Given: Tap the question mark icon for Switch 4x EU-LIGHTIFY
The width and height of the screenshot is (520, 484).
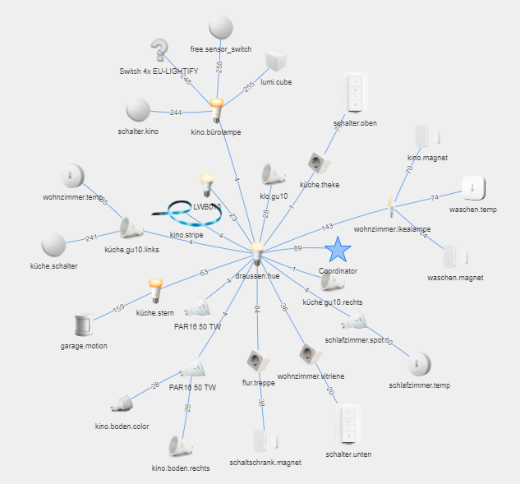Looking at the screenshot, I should click(159, 49).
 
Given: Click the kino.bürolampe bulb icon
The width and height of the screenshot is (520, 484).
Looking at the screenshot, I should click(216, 108).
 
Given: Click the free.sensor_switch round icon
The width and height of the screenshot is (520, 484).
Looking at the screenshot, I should click(220, 28).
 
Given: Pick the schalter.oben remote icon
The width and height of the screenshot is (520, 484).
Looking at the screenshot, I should click(355, 94).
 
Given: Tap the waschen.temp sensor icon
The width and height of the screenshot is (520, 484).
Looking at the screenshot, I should click(473, 188).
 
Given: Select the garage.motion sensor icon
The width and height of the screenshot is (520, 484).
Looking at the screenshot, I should click(83, 325).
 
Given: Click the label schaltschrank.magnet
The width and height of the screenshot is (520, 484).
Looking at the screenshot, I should click(265, 463).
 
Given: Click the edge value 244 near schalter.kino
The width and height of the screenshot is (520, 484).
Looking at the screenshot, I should click(176, 113).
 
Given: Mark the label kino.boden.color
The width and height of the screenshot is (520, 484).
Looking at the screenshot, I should click(122, 426).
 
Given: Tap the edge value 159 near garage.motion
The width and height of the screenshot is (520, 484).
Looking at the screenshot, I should click(118, 308).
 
